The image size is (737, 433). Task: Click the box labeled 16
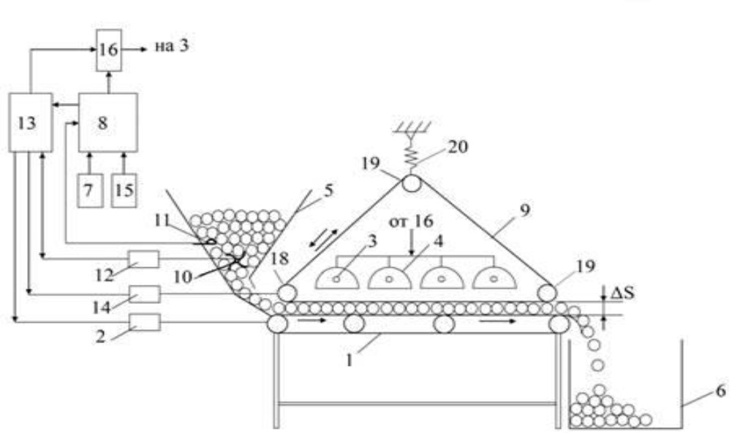click(x=109, y=50)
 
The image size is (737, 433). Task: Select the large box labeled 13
click(x=31, y=123)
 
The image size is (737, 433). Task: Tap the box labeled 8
click(x=108, y=123)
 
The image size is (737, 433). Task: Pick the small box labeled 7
click(x=90, y=190)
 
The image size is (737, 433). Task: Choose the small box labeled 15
click(x=124, y=190)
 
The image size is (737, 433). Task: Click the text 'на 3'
click(x=172, y=47)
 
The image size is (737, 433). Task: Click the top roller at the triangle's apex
click(x=411, y=183)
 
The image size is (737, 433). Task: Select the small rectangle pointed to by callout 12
click(x=144, y=258)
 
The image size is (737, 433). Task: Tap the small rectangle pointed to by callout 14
click(x=144, y=294)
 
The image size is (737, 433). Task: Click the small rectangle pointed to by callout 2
click(x=144, y=322)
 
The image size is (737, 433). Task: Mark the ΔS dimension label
click(x=622, y=293)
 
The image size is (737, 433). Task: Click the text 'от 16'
click(x=411, y=221)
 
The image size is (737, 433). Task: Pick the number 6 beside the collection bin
click(x=721, y=391)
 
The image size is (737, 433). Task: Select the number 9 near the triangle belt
click(x=525, y=210)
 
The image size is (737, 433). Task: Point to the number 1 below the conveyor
click(x=349, y=361)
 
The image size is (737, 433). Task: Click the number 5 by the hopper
click(x=328, y=190)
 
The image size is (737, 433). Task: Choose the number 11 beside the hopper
click(x=162, y=220)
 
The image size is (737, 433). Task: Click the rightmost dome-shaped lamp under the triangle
click(x=494, y=278)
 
